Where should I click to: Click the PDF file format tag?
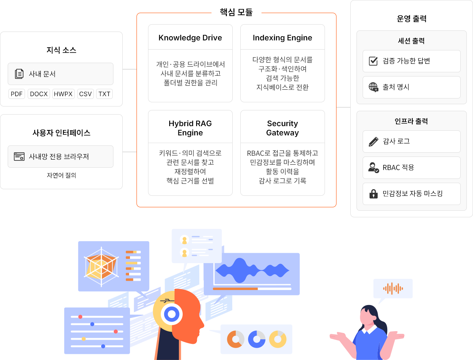[x=17, y=94]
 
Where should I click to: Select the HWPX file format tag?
[x=63, y=94]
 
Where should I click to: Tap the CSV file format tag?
[x=85, y=94]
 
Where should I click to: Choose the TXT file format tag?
[x=104, y=94]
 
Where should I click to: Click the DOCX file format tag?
[x=39, y=94]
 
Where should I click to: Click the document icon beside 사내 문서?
[x=19, y=74]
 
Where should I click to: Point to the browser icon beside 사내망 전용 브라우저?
[x=19, y=157]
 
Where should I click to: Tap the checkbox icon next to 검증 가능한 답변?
[x=373, y=61]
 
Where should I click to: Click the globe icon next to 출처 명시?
[x=373, y=87]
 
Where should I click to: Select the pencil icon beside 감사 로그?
[x=373, y=142]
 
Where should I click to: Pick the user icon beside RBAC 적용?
[x=373, y=168]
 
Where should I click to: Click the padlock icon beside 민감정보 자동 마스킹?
[x=373, y=194]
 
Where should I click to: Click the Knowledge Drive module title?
[x=190, y=38]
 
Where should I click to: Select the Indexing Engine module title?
[x=283, y=38]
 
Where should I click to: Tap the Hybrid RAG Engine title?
[x=190, y=128]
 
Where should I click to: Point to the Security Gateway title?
[x=283, y=128]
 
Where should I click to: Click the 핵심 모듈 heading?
[x=236, y=12]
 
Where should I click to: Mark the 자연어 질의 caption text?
[x=62, y=175]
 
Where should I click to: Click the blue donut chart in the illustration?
[x=256, y=339]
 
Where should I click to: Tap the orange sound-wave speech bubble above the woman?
[x=393, y=288]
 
